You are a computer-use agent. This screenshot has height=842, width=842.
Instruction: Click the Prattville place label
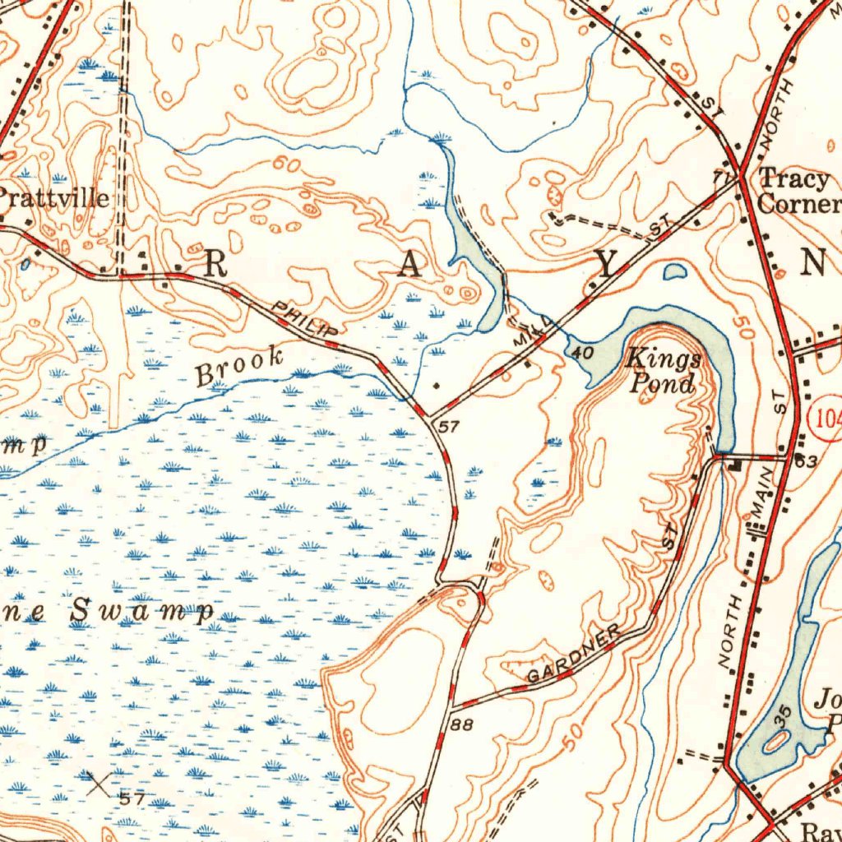tap(54, 198)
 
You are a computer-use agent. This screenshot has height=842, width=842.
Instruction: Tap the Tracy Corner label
tap(798, 191)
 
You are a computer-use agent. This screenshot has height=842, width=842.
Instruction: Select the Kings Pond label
tap(664, 371)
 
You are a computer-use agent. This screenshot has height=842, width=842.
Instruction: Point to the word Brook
tap(239, 366)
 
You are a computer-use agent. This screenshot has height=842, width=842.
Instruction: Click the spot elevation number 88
tap(462, 724)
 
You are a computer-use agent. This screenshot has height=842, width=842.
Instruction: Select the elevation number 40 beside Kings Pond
tap(582, 352)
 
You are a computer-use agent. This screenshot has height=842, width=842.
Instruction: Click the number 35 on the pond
tap(782, 715)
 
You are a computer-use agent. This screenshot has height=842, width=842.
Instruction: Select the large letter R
tap(215, 263)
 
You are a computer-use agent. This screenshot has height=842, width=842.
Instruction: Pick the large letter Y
tap(606, 264)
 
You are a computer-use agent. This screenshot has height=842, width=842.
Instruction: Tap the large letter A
tap(412, 265)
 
